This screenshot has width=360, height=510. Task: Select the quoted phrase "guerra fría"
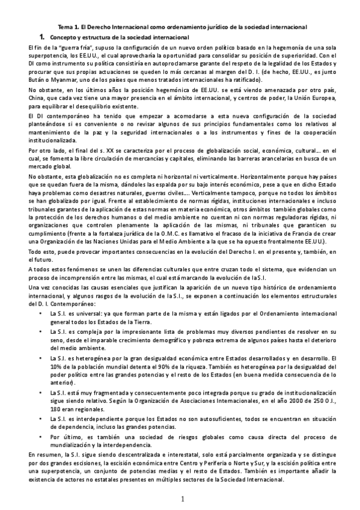click(72, 47)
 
